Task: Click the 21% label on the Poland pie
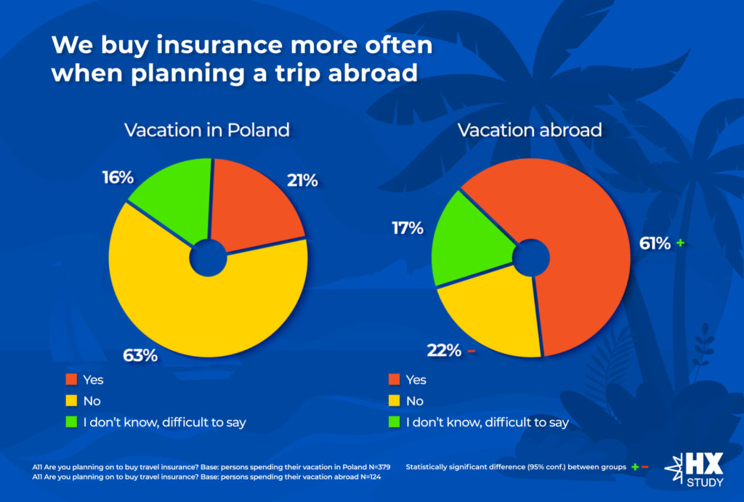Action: pyautogui.click(x=302, y=180)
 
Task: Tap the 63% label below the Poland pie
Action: pyautogui.click(x=140, y=355)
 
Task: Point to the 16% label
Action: pyautogui.click(x=118, y=177)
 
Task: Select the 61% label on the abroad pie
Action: pyautogui.click(x=655, y=243)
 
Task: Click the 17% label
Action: pyautogui.click(x=408, y=228)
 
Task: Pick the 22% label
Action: pyautogui.click(x=444, y=351)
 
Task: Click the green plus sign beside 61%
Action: pyautogui.click(x=680, y=243)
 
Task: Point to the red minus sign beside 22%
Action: pyautogui.click(x=471, y=351)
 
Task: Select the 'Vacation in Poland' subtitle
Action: pyautogui.click(x=207, y=130)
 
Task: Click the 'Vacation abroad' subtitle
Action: pyautogui.click(x=530, y=130)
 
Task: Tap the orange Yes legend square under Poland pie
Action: pyautogui.click(x=71, y=379)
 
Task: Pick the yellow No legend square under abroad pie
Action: pyautogui.click(x=395, y=401)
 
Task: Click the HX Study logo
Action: pyautogui.click(x=695, y=469)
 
